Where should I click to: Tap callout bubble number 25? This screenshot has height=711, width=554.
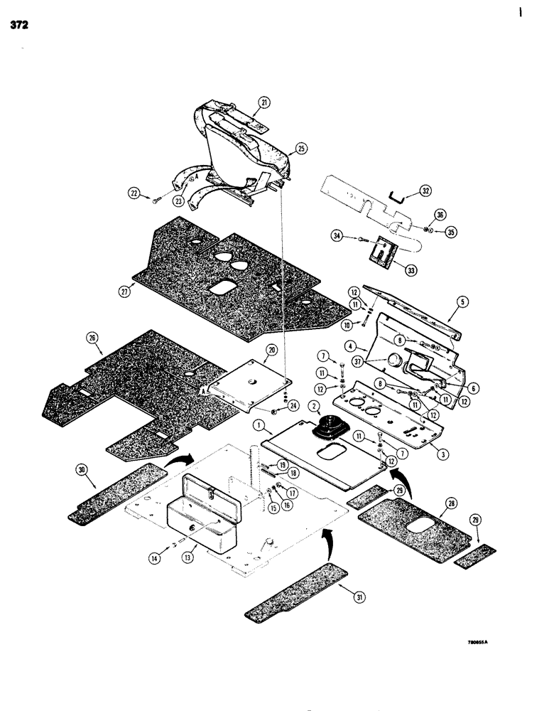coord(301,149)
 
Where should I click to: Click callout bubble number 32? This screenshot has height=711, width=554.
coord(425,191)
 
